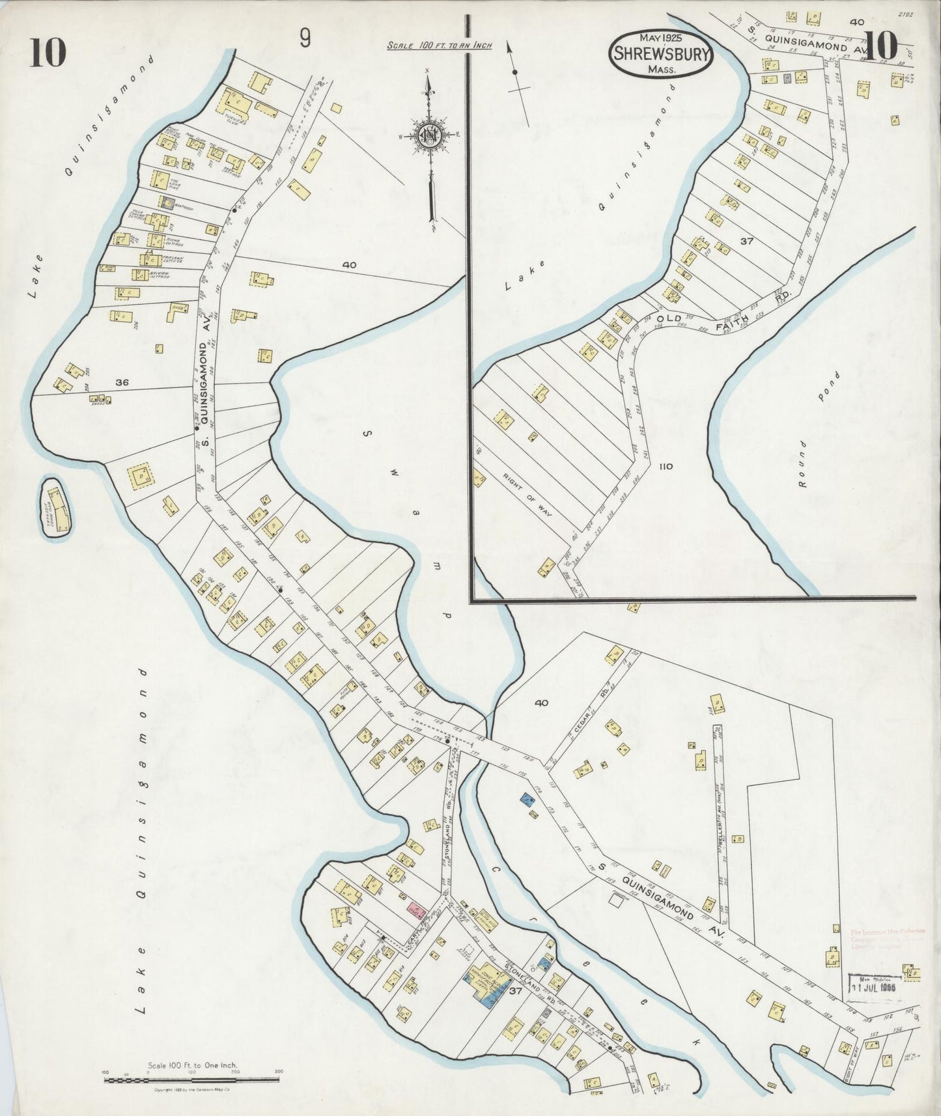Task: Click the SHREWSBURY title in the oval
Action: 660,55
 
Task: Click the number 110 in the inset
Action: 665,467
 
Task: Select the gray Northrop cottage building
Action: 167,202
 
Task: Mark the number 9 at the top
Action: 304,39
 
